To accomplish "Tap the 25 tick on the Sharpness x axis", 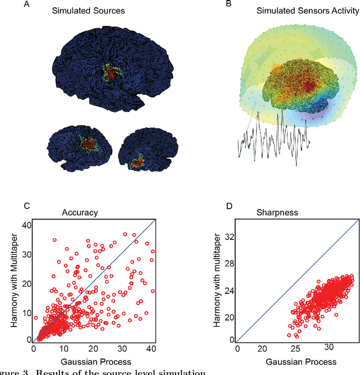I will (x=295, y=349).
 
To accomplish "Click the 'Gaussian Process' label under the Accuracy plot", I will (x=93, y=361).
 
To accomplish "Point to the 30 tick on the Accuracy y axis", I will (x=25, y=255).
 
